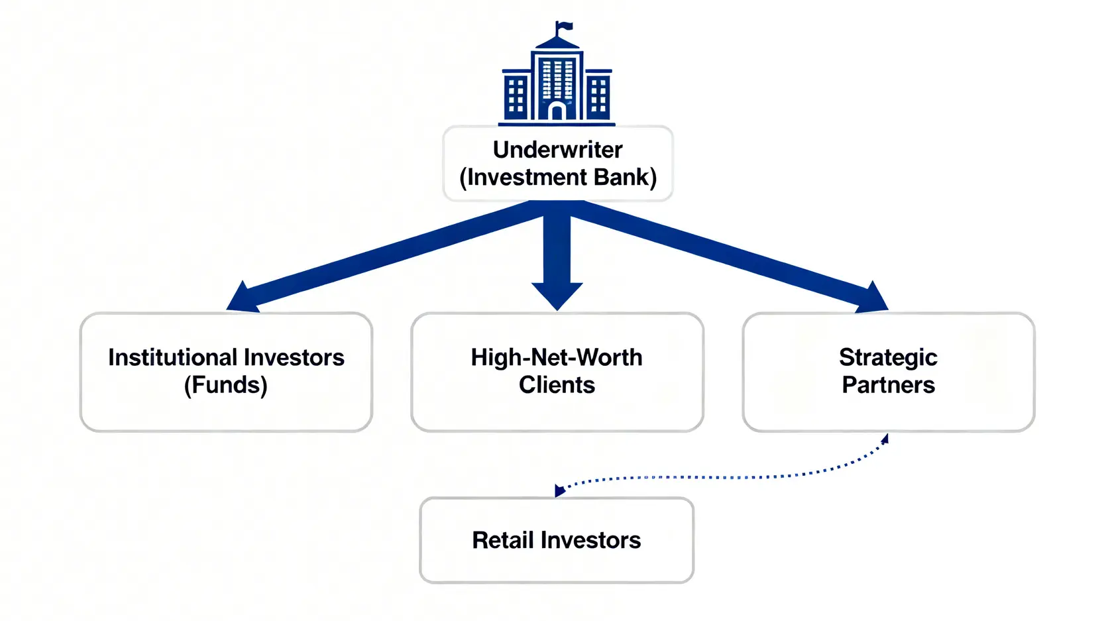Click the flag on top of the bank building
coord(565,27)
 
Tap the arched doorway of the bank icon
coord(557,111)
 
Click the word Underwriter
coord(557,150)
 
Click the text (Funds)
coord(226,385)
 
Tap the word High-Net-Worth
coord(557,358)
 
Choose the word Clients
coord(557,385)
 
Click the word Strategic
coord(888,358)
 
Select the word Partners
coord(888,385)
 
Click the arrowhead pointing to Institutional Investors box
coord(241,298)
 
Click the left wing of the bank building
coord(516,95)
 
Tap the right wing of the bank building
coord(598,95)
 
